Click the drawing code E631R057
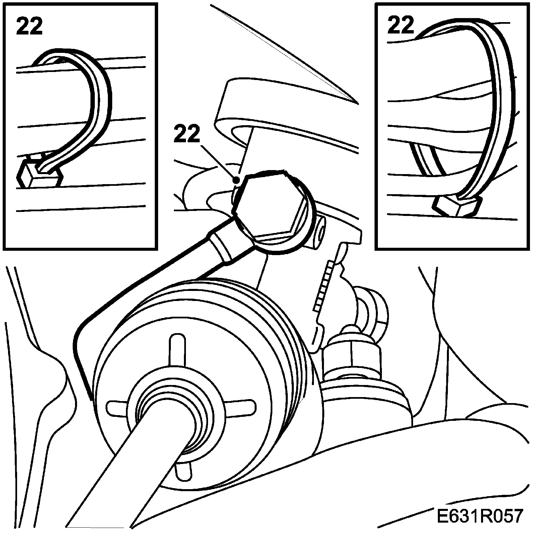(x=479, y=516)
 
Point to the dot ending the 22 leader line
(x=236, y=180)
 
